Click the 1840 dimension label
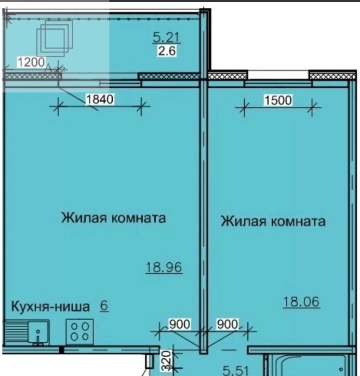click(99, 99)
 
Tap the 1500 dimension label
click(278, 100)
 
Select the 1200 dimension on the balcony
click(31, 62)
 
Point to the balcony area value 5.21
click(166, 38)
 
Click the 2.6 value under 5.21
click(167, 51)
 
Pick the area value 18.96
click(164, 267)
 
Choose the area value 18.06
click(301, 301)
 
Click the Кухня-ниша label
click(50, 307)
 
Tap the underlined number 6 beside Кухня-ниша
click(104, 306)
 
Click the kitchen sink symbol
click(27, 332)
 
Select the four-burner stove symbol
click(80, 332)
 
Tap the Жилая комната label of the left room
click(114, 218)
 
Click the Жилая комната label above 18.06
click(273, 221)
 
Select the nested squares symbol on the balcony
click(54, 39)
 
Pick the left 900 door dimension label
click(180, 324)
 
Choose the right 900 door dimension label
click(227, 324)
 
